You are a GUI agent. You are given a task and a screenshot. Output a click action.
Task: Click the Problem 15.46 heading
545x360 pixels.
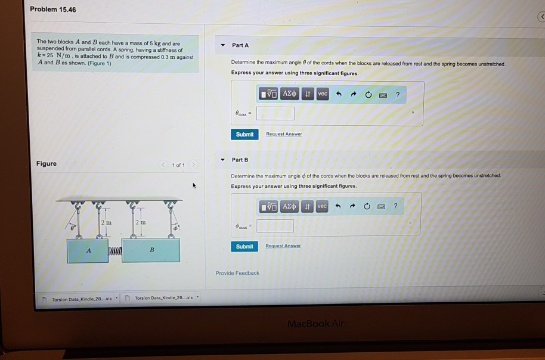point(53,10)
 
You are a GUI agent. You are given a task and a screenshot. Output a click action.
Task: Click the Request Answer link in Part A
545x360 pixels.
point(283,134)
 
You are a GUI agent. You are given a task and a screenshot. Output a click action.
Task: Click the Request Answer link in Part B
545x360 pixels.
point(283,246)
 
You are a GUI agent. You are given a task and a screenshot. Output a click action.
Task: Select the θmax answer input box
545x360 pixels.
point(275,113)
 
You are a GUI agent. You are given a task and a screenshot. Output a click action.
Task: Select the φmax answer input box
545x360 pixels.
point(275,226)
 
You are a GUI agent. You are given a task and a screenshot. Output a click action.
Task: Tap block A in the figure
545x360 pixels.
point(88,250)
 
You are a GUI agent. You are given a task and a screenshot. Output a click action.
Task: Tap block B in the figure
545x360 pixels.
point(151,250)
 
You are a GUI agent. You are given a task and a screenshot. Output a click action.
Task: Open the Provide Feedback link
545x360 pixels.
point(237,273)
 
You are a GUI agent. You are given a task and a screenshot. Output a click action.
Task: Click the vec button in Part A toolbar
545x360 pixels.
point(323,94)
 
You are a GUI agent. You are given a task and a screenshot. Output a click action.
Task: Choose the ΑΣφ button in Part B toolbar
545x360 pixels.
point(289,206)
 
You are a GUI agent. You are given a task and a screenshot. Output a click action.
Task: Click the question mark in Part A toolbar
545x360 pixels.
point(397,94)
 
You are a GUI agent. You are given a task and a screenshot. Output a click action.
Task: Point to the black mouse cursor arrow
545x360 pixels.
point(194,186)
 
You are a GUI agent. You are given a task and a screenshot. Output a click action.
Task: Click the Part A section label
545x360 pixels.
point(240,45)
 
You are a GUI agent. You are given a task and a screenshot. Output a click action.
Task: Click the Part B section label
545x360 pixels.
point(240,160)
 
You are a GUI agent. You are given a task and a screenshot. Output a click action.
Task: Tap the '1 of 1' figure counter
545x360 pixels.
point(178,165)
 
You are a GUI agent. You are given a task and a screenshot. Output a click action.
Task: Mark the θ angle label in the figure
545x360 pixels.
point(73,227)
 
